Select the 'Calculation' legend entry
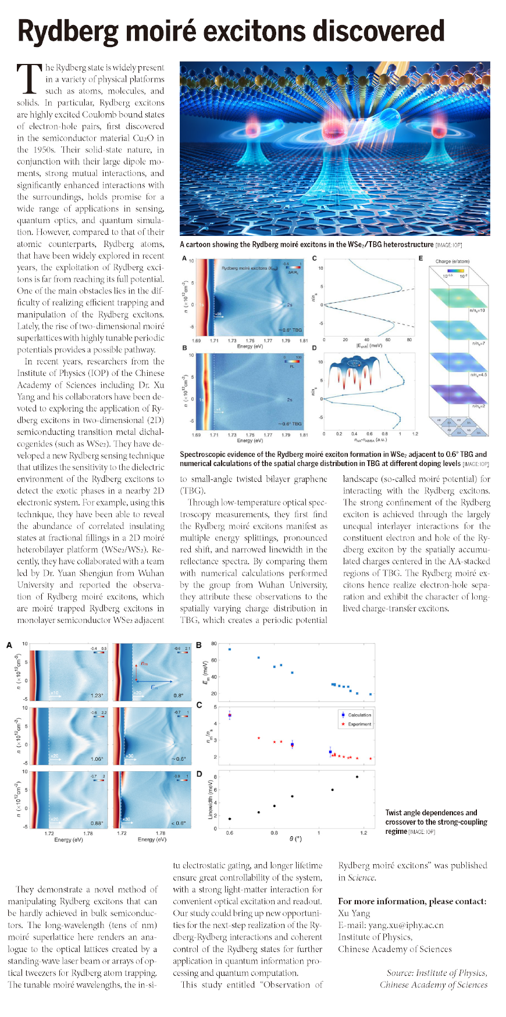[359, 715]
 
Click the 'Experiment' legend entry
[359, 724]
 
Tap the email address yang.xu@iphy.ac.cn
[390, 925]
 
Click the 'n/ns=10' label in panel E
[477, 310]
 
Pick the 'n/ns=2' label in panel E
[478, 406]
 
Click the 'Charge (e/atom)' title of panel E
[452, 262]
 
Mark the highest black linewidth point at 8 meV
[357, 776]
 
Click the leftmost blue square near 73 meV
[230, 649]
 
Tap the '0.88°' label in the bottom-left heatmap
[97, 823]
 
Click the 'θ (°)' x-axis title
[295, 839]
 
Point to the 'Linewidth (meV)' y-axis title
[210, 799]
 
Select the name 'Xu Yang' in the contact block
[354, 913]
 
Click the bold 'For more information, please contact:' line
[412, 901]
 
